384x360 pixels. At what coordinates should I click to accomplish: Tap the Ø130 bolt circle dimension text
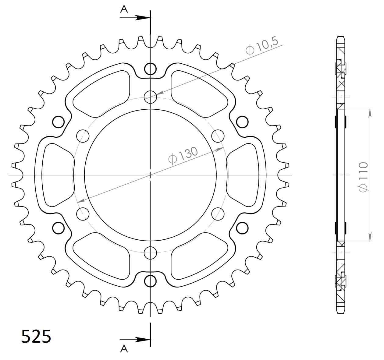[183, 155]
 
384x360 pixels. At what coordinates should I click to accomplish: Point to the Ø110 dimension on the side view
[363, 177]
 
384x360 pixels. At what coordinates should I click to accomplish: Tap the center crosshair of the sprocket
[150, 175]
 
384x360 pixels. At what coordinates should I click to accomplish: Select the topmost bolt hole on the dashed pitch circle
[150, 97]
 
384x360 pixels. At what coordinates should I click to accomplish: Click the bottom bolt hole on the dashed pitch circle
[150, 252]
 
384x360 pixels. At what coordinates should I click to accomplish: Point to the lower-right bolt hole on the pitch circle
[218, 214]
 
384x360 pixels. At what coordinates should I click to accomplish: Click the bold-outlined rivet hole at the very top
[150, 69]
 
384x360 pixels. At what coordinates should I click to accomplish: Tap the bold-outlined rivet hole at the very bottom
[150, 281]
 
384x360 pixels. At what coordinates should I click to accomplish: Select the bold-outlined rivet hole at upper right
[242, 122]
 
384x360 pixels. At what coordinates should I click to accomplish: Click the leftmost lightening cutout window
[58, 175]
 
